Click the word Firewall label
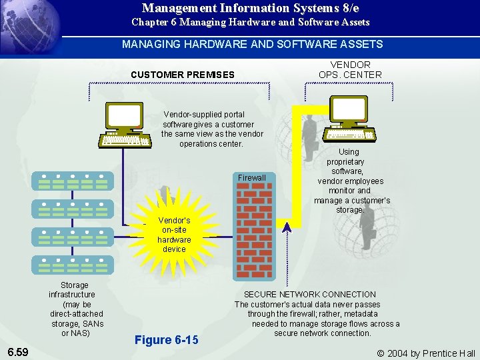pyautogui.click(x=251, y=178)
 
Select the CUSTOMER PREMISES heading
pyautogui.click(x=183, y=75)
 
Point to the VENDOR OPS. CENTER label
pyautogui.click(x=350, y=70)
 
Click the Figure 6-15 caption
pyautogui.click(x=166, y=340)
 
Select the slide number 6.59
pyautogui.click(x=18, y=351)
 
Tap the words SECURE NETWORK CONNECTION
pyautogui.click(x=309, y=295)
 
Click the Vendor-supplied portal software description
pyautogui.click(x=212, y=129)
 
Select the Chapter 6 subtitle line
pyautogui.click(x=250, y=23)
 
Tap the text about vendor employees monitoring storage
pyautogui.click(x=351, y=181)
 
